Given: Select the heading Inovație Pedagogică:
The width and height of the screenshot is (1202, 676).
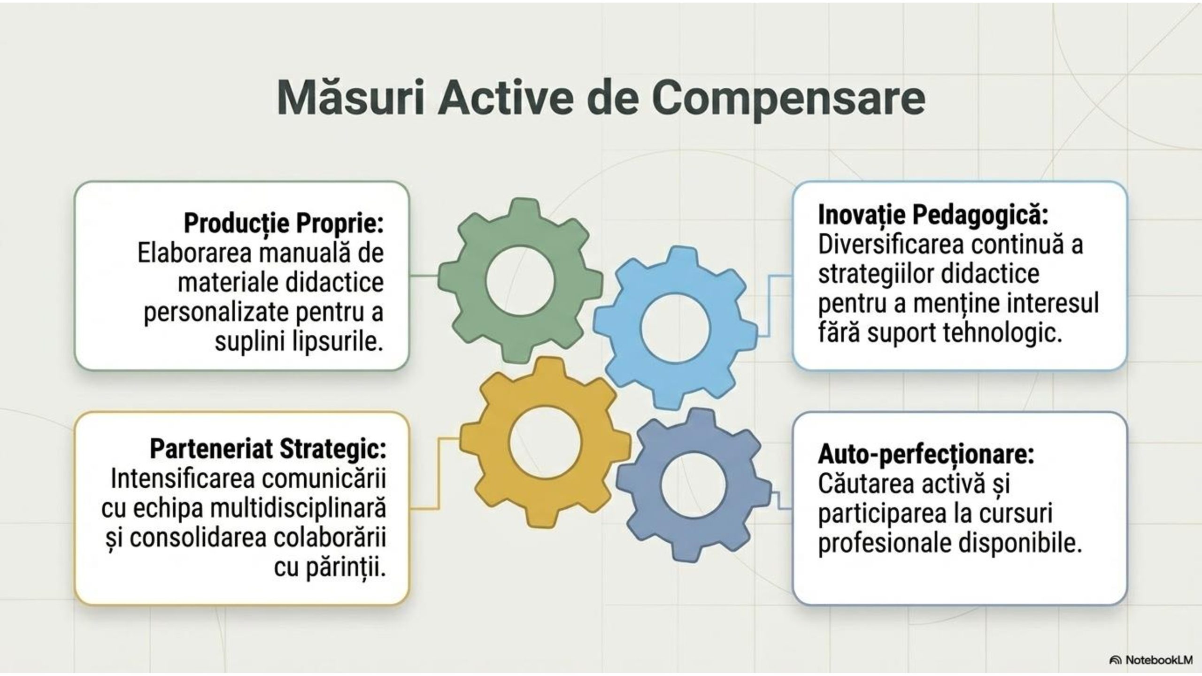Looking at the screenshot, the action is (933, 215).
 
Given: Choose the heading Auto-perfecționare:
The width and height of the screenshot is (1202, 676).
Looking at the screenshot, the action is (926, 454).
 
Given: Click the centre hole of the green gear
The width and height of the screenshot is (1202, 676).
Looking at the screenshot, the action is (520, 281).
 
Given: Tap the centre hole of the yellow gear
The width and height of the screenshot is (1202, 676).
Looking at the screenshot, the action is (545, 442).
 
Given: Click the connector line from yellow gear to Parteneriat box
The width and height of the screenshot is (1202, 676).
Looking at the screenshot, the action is (439, 474).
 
